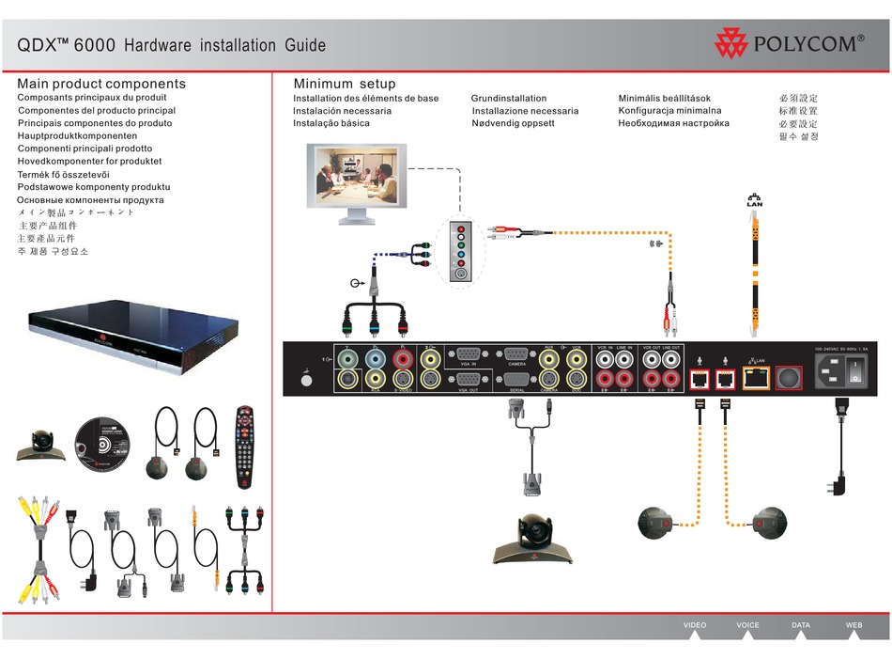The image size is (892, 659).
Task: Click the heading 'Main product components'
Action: pyautogui.click(x=101, y=84)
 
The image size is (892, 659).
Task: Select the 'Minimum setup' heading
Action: pyautogui.click(x=345, y=84)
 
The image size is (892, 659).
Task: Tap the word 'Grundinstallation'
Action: pyautogui.click(x=508, y=98)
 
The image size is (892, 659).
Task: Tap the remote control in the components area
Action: pyautogui.click(x=245, y=446)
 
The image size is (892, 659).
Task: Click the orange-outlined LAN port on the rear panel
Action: pyautogui.click(x=755, y=378)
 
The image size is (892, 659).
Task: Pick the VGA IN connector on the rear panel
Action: pyautogui.click(x=467, y=355)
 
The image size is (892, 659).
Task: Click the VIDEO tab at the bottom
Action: pyautogui.click(x=695, y=625)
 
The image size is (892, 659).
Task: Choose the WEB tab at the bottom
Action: pyautogui.click(x=854, y=625)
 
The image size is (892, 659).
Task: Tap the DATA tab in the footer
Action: pyautogui.click(x=801, y=625)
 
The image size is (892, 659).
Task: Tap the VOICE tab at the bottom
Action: pyautogui.click(x=747, y=625)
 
